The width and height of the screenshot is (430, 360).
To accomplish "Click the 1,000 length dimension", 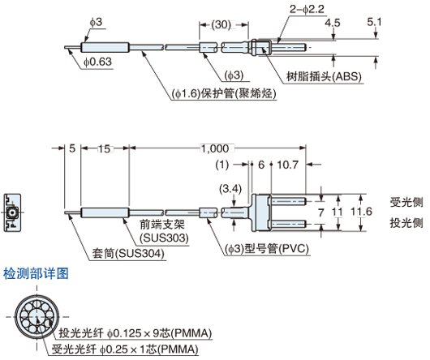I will pyautogui.click(x=214, y=148).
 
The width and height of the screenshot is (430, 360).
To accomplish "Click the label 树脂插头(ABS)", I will pyautogui.click(x=325, y=77).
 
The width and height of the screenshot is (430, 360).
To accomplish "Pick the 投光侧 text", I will pyautogui.click(x=406, y=221).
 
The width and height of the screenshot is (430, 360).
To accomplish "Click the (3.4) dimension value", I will pyautogui.click(x=230, y=189).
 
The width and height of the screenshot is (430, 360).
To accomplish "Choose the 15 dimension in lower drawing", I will pyautogui.click(x=105, y=148).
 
